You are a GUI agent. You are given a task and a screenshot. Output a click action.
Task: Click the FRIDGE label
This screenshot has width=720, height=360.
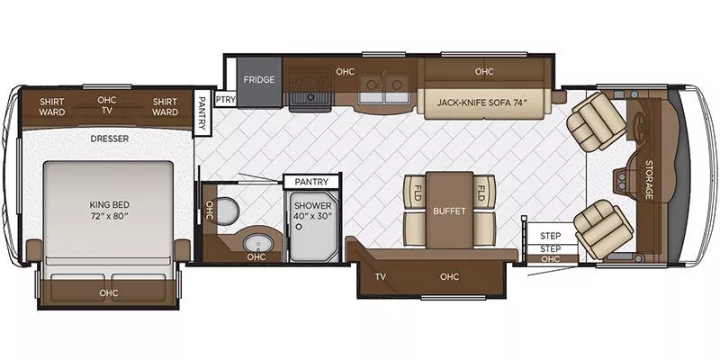tap(260, 79)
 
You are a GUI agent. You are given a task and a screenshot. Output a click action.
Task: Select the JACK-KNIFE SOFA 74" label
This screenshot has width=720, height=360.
tap(483, 102)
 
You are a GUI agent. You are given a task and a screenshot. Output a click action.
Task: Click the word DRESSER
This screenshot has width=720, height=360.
tap(110, 139)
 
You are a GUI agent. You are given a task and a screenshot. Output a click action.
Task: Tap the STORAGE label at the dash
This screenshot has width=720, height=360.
tap(649, 179)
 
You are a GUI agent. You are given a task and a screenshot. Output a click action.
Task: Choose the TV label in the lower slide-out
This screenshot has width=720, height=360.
tap(382, 277)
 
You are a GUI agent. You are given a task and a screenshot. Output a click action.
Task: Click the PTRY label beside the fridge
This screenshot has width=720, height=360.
tap(225, 100)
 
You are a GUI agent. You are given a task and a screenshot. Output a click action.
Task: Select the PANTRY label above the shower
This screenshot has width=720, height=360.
tap(311, 182)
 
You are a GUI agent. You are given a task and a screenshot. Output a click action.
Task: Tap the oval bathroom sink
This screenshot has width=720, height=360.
tap(257, 243)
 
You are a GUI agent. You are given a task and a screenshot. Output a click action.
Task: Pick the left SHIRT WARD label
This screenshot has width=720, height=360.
tap(51, 107)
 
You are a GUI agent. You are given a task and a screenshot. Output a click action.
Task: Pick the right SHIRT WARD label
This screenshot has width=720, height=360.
tap(165, 107)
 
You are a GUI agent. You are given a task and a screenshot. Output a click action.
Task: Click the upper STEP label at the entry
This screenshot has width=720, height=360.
tap(550, 235)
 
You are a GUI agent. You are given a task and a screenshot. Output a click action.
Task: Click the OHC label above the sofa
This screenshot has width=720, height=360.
tap(484, 71)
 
